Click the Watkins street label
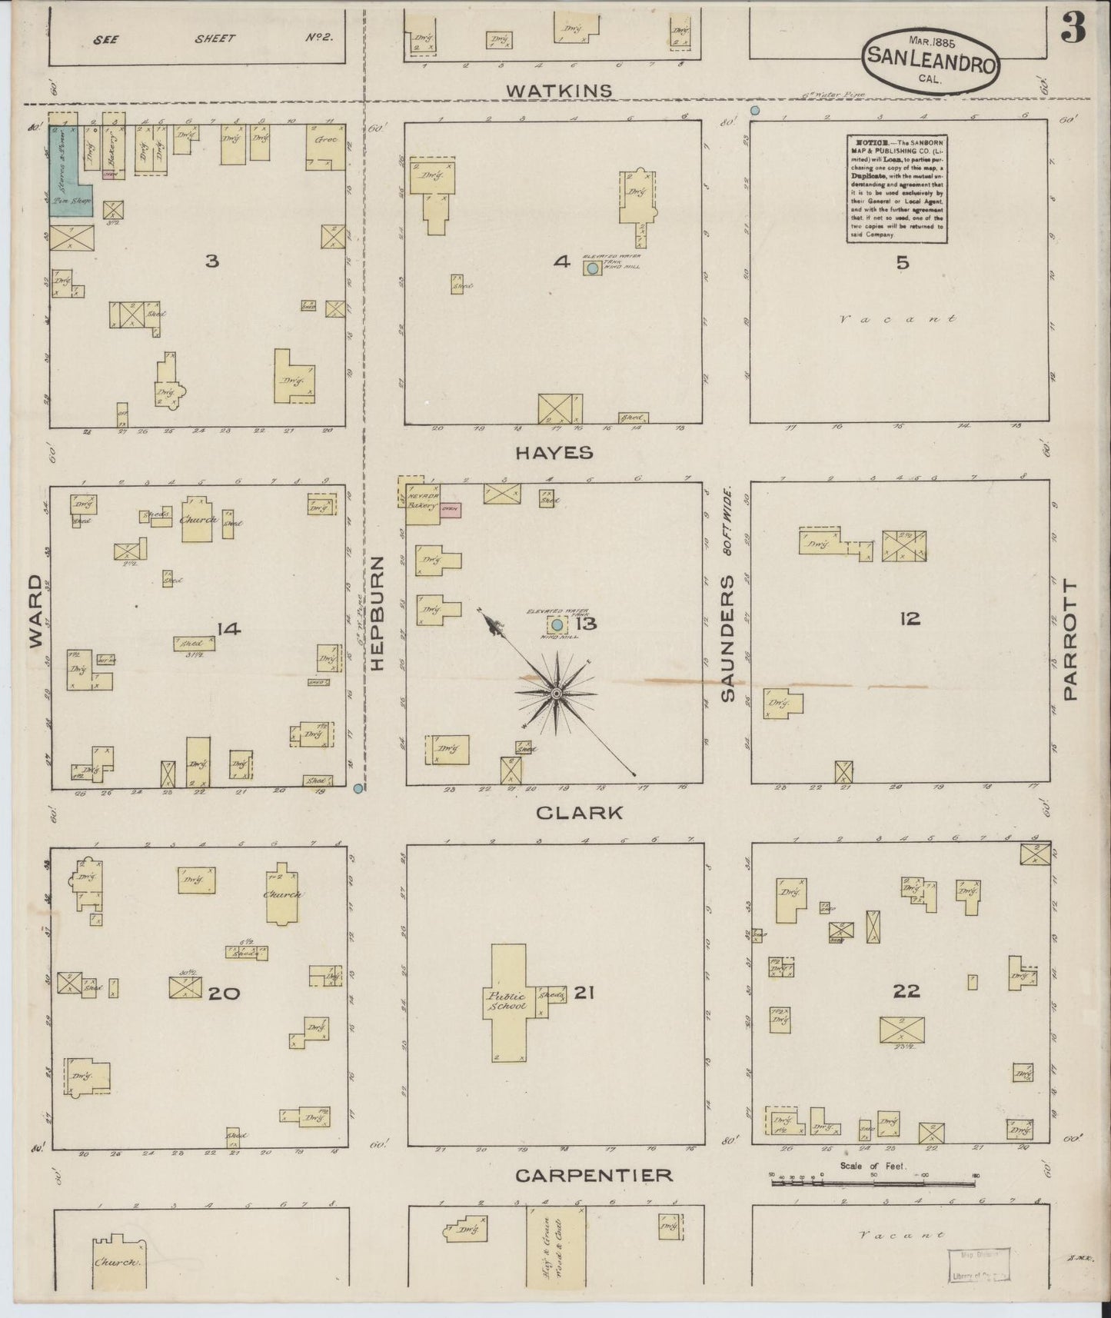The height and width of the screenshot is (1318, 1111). [559, 91]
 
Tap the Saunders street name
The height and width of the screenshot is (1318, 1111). [727, 638]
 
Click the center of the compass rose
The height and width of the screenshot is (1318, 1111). [555, 694]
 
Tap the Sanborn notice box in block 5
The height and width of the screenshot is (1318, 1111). [896, 189]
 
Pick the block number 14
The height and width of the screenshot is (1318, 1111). [228, 630]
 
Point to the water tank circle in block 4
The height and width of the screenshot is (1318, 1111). [592, 268]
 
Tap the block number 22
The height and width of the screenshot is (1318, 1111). [906, 991]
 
